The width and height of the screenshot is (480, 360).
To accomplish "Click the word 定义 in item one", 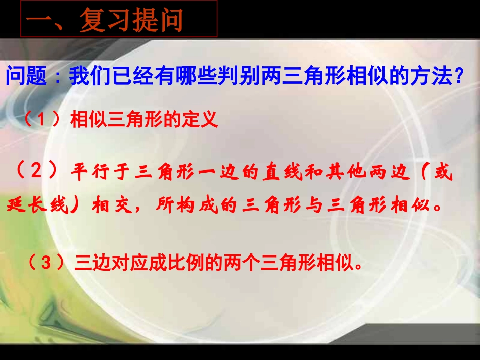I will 203,120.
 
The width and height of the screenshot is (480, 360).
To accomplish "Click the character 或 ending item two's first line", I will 442,174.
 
